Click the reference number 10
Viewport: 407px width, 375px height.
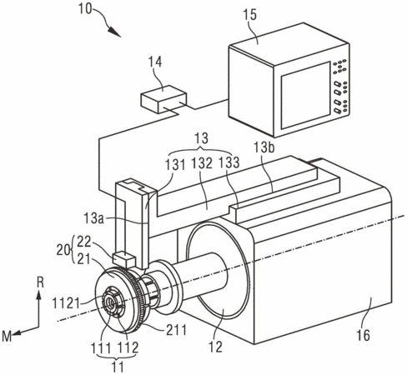[85, 9]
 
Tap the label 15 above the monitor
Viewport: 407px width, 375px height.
[249, 15]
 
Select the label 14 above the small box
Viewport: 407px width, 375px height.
[155, 62]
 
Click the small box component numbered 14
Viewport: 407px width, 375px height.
[163, 99]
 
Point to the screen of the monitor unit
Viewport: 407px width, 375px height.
[305, 95]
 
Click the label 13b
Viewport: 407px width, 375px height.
[264, 147]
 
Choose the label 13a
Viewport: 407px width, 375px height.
[94, 218]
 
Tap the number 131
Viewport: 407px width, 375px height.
[175, 165]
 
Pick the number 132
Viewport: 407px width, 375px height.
[202, 163]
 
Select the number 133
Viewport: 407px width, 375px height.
[229, 162]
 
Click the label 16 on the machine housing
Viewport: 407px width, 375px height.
[363, 335]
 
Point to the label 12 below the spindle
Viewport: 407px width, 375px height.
[216, 347]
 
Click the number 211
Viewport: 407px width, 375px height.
[176, 330]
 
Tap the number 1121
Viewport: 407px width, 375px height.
[66, 303]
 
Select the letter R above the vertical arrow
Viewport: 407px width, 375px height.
[41, 282]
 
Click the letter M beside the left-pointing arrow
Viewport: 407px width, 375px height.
[7, 337]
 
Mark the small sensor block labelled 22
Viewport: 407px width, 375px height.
[124, 259]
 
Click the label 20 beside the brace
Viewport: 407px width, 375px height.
[63, 250]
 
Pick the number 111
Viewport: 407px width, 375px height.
[102, 347]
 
